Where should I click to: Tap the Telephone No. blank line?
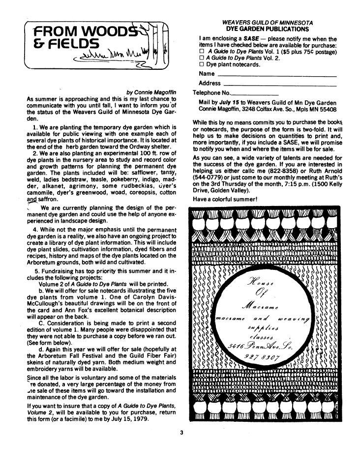254,93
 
